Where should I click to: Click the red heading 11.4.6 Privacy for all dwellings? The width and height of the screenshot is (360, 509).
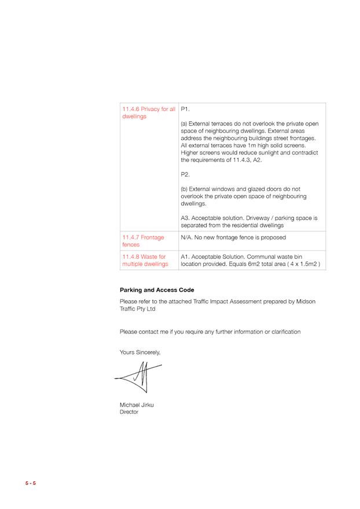pyautogui.click(x=148, y=112)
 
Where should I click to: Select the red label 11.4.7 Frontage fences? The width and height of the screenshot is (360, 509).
pyautogui.click(x=143, y=241)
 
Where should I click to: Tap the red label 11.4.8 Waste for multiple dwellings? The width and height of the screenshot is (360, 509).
pyautogui.click(x=144, y=260)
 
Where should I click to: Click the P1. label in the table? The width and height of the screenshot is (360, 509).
pyautogui.click(x=185, y=109)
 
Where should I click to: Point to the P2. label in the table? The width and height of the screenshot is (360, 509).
pyautogui.click(x=185, y=174)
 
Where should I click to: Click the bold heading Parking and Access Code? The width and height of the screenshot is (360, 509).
pyautogui.click(x=157, y=290)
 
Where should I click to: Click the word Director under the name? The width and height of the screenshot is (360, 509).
pyautogui.click(x=129, y=412)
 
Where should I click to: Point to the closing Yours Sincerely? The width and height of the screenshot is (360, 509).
pyautogui.click(x=140, y=352)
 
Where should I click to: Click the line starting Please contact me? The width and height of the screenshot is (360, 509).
pyautogui.click(x=210, y=331)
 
